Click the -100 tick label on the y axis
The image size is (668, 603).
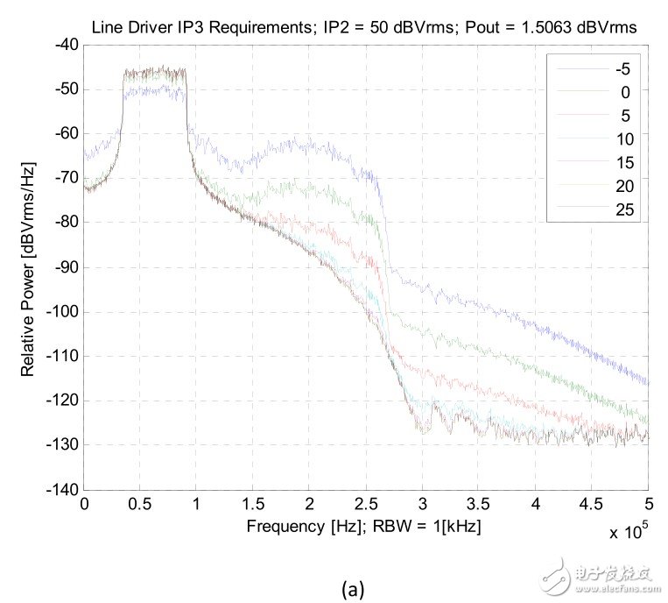[62, 312]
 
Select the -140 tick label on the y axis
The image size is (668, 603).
[62, 490]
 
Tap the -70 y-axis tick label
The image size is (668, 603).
[66, 179]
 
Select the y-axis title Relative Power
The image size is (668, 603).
[28, 267]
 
